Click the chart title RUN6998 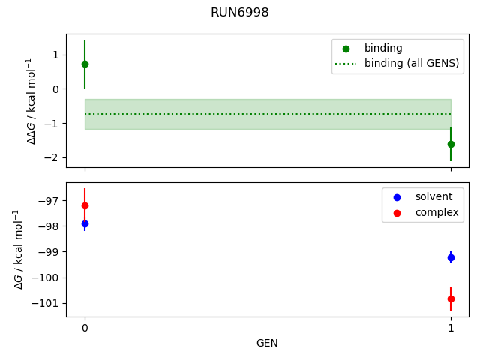click(x=240, y=13)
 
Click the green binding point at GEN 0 click(x=85, y=64)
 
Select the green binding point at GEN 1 click(x=451, y=144)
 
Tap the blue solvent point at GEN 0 click(x=85, y=223)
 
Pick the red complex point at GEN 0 click(x=85, y=205)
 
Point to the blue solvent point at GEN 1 click(x=451, y=257)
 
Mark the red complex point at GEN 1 click(x=451, y=298)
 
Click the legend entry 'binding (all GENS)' click(x=411, y=63)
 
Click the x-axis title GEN click(x=268, y=343)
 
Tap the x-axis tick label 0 click(x=85, y=328)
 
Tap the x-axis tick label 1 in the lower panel click(x=451, y=328)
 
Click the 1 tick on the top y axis click(x=56, y=55)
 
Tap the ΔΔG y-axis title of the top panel click(x=31, y=100)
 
